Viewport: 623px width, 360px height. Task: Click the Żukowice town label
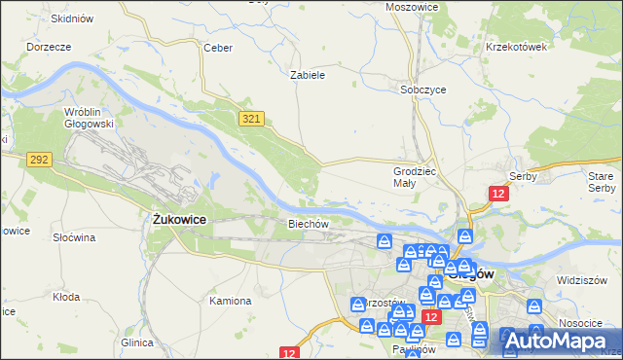180,220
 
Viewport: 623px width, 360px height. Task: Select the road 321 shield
252,118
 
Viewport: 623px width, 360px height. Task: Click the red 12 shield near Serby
498,195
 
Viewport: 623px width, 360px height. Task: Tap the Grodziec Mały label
405,176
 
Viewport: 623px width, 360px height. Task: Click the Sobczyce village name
423,89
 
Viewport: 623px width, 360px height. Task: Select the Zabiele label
308,74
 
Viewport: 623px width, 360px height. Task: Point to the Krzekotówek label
517,47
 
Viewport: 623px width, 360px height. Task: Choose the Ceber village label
215,47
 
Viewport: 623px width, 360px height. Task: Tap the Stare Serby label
602,182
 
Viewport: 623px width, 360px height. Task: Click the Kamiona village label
231,301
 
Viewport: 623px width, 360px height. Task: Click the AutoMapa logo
561,340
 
